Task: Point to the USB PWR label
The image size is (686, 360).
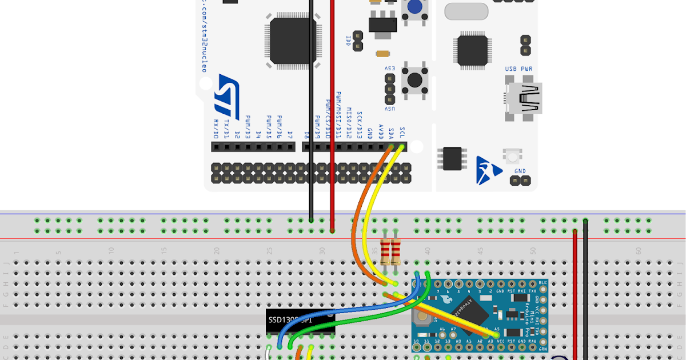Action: [x=519, y=69]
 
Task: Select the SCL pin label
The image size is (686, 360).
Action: [x=402, y=133]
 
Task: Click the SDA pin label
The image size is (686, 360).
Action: [x=392, y=133]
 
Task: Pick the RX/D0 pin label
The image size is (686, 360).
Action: [x=216, y=130]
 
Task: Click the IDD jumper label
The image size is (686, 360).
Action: [x=349, y=41]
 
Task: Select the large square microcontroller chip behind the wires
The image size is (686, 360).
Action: [x=293, y=40]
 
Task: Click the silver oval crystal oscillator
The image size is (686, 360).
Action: [x=466, y=11]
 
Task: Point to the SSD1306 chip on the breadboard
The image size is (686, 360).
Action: [x=301, y=323]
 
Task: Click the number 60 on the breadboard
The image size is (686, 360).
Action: [x=637, y=250]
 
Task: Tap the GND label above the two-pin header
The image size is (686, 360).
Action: [x=520, y=171]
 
